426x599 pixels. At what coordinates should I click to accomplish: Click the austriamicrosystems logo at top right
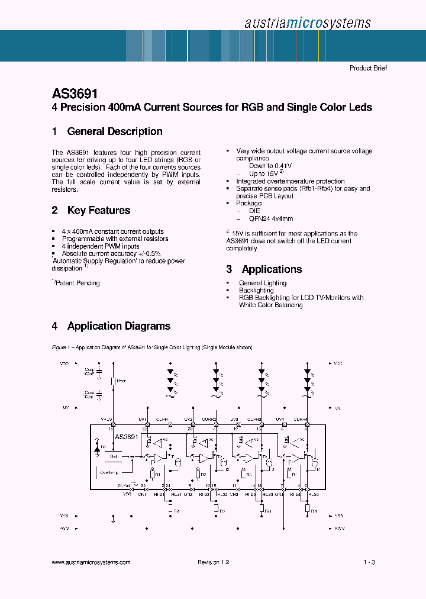coord(307,22)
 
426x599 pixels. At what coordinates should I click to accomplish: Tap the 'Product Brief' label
coord(368,68)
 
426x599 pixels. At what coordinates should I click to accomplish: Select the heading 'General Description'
coord(115,131)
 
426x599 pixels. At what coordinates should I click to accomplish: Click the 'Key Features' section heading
coord(99,210)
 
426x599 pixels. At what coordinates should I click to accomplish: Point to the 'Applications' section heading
coord(272,269)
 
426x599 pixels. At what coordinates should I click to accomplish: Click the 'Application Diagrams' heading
coord(118,326)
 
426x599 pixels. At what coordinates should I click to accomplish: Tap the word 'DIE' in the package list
coord(254,211)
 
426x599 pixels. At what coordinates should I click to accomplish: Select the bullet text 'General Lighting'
coord(263,283)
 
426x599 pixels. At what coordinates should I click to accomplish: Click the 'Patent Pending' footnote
coord(77,283)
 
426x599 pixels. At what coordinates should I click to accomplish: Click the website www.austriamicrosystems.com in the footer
coord(91,562)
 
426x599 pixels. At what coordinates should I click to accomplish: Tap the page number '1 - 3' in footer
coord(369,562)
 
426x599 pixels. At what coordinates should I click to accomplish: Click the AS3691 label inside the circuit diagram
coord(126,437)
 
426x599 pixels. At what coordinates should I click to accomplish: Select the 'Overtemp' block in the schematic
coord(109,472)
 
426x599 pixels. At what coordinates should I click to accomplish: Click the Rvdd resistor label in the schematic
coord(121,381)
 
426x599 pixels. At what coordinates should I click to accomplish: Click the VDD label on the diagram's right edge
coord(338,363)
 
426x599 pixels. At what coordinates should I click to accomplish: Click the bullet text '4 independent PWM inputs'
coord(101,246)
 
